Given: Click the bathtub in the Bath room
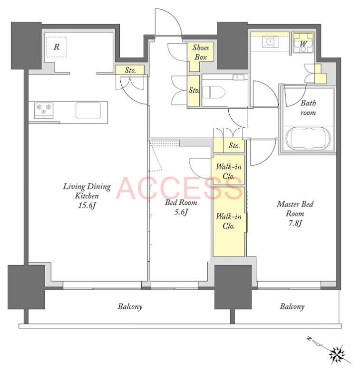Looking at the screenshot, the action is (308, 139).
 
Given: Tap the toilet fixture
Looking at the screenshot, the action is (214, 92).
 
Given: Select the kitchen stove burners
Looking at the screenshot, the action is (44, 110).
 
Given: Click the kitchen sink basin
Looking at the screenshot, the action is (88, 110).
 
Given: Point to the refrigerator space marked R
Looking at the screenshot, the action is (57, 47).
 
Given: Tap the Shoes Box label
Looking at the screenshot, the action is (201, 52).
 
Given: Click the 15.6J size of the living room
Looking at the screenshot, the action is (87, 206).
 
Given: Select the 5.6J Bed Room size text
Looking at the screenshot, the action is (181, 212).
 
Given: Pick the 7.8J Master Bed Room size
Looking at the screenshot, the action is (295, 223).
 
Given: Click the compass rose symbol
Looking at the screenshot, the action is (337, 353).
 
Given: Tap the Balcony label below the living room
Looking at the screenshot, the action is (130, 306).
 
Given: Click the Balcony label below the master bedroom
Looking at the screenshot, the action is (292, 306).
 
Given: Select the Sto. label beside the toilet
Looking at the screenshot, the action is (194, 90).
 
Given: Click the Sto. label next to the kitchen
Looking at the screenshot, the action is (130, 70).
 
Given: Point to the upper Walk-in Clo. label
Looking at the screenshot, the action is (229, 171).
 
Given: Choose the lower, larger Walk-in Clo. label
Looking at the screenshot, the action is (229, 221).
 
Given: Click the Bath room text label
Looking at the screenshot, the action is (308, 108).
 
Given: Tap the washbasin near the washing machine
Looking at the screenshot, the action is (270, 42).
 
